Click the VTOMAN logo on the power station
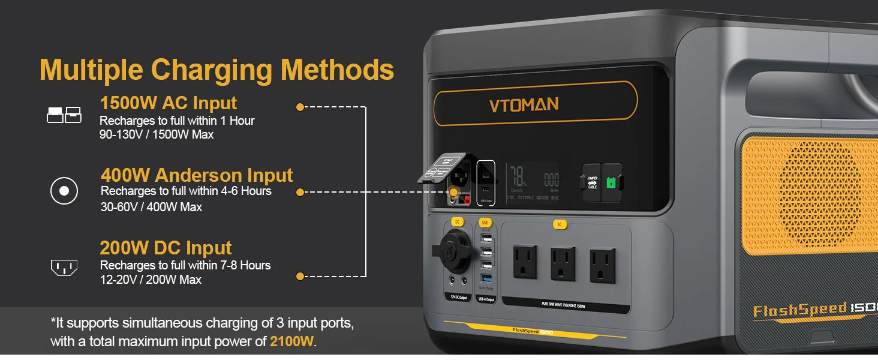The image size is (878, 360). [524, 105]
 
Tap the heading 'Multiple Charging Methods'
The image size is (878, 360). [217, 70]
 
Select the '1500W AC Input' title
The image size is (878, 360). [168, 103]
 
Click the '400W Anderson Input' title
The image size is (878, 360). [197, 175]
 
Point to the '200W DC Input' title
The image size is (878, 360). [166, 248]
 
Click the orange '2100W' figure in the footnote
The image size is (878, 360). [291, 342]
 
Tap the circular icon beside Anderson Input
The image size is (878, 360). [64, 191]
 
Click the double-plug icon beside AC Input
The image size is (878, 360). [64, 115]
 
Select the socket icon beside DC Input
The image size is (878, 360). [64, 267]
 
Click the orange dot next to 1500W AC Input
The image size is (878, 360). [300, 107]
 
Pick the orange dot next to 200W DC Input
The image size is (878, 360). [300, 277]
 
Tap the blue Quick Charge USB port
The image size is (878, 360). [486, 278]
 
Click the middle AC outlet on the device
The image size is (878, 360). [563, 265]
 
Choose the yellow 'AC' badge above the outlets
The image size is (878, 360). [560, 224]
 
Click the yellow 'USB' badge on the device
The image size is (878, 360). [486, 223]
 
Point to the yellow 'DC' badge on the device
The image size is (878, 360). [457, 222]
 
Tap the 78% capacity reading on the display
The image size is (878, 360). [518, 177]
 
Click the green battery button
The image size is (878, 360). [611, 182]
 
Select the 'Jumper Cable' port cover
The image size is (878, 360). [592, 182]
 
